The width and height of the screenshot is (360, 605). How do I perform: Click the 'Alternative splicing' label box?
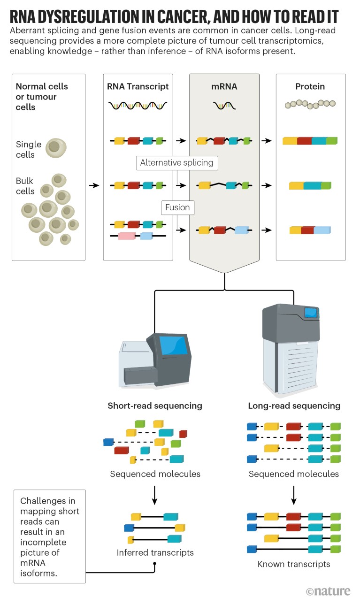coord(176,163)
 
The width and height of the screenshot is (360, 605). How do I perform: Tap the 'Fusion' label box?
coord(177,207)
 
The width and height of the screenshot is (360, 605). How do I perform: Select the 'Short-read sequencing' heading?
coord(155,406)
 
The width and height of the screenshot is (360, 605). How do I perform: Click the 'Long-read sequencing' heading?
coord(294,406)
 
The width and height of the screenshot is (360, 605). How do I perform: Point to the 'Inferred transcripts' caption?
coord(155,552)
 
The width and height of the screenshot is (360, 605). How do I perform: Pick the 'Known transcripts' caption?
coord(294,564)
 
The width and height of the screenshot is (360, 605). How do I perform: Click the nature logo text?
coord(328,591)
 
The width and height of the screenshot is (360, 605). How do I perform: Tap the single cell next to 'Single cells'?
coord(56,148)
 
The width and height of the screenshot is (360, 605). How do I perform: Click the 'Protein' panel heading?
coord(310,86)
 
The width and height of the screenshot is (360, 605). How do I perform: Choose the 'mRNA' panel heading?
coord(225,86)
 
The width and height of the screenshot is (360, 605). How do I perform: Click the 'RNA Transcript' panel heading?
coord(138,86)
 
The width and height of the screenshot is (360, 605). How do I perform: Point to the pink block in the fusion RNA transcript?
coord(127,236)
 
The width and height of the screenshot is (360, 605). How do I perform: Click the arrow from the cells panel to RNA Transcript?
coord(94,185)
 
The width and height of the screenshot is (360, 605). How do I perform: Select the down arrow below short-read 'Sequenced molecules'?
coord(155,494)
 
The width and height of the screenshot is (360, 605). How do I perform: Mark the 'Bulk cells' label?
coord(25,186)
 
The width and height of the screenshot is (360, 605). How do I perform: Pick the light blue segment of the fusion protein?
coord(322,230)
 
